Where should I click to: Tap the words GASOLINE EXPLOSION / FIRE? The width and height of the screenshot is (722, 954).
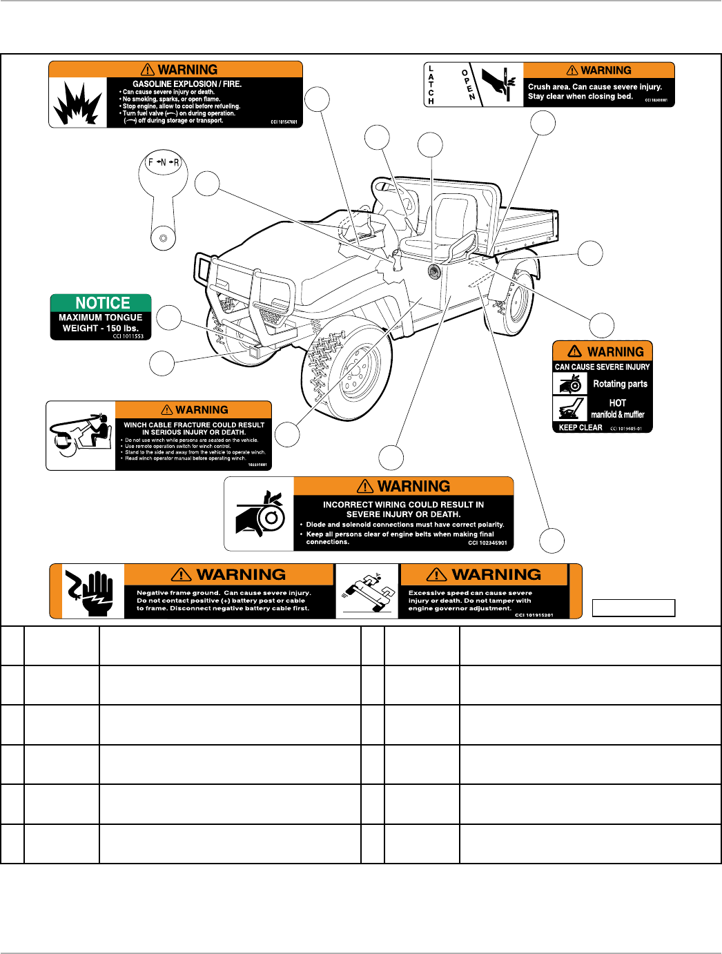tap(187, 84)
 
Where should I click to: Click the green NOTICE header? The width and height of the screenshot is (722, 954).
tap(101, 303)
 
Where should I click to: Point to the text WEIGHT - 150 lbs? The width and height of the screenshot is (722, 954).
tap(101, 328)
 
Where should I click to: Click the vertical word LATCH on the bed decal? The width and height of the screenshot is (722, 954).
tap(431, 85)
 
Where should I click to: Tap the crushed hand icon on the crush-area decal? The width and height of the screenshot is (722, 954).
tap(499, 84)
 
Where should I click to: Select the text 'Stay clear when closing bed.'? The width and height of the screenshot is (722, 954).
tap(580, 97)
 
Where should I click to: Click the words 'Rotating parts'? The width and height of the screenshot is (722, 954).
tap(620, 384)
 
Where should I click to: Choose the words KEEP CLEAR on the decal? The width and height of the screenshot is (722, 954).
tap(580, 427)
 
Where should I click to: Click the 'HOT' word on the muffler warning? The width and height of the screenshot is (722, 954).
tap(618, 402)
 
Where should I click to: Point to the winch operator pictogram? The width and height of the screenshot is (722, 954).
tap(81, 436)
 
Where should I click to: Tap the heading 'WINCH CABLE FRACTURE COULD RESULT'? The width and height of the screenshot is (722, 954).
tap(194, 425)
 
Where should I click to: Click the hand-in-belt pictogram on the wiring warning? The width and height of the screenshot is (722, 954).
tap(260, 514)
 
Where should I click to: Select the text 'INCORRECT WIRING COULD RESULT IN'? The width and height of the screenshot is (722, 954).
tap(403, 505)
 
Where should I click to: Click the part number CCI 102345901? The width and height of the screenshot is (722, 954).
tap(487, 543)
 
